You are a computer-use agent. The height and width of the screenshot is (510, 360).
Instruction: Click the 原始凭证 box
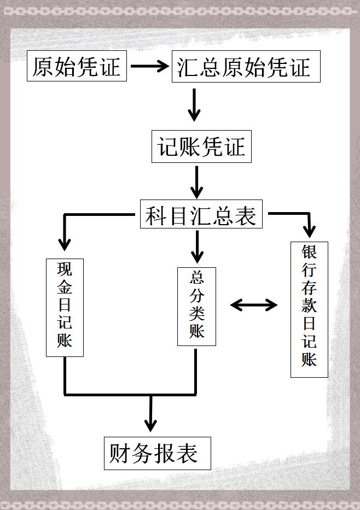click(77, 66)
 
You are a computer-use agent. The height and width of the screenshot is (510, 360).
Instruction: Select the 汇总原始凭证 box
click(246, 67)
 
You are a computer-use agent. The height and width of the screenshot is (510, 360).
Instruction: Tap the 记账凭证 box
click(201, 146)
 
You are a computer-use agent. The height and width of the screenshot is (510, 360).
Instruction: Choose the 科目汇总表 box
click(201, 214)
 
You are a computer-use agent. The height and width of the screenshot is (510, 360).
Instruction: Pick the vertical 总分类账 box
click(196, 307)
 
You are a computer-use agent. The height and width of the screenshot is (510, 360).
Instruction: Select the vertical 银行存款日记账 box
click(309, 309)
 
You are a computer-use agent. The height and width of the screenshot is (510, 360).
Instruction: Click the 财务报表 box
click(158, 453)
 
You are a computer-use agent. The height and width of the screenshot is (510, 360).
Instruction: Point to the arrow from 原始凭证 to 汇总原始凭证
click(149, 66)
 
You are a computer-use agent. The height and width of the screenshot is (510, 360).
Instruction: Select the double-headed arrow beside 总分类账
click(254, 304)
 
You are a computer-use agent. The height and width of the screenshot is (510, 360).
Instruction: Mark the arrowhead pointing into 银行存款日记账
click(310, 231)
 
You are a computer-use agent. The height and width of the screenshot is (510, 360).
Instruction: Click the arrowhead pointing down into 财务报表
click(150, 424)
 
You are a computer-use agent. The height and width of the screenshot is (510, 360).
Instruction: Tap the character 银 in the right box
click(309, 252)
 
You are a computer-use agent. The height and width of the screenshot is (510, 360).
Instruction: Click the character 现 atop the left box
click(65, 269)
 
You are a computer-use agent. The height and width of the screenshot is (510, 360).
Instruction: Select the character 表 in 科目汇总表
click(246, 215)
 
